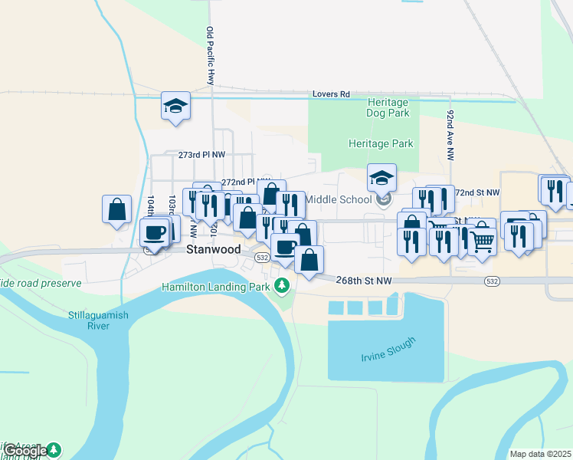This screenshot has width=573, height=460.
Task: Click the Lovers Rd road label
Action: pos(331,94)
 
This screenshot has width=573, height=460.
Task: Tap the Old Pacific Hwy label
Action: pos(210,56)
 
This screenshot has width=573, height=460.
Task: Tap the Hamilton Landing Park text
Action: pos(216,287)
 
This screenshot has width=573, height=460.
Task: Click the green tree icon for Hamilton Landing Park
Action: pos(282,286)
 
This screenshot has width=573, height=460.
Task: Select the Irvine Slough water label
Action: pos(388,350)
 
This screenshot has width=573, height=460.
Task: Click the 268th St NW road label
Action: pos(364,281)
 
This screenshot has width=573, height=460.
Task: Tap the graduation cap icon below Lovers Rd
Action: pos(175,106)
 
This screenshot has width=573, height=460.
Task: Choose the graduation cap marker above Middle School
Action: pos(381,178)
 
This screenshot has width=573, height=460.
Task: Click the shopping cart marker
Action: pos(482,241)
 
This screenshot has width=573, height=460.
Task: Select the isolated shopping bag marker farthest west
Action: pos(116,209)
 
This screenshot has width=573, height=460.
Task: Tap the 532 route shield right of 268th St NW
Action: pos(491,281)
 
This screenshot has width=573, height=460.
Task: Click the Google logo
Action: pos(25,451)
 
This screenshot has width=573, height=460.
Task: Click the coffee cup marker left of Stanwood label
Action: pos(154,232)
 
